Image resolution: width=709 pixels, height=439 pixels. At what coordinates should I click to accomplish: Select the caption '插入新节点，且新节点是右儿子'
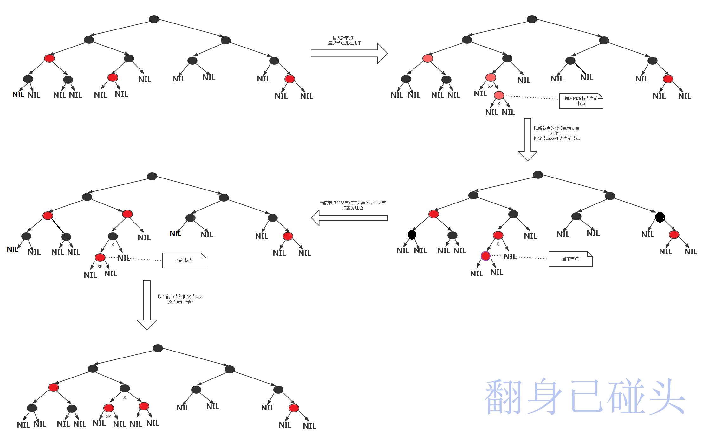pos(345,41)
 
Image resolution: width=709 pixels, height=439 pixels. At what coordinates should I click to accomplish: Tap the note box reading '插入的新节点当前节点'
pos(581,101)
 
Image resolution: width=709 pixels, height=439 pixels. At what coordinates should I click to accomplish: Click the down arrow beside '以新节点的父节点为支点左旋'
pos(527,139)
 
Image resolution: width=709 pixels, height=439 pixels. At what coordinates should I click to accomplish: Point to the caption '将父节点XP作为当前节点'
pos(556,139)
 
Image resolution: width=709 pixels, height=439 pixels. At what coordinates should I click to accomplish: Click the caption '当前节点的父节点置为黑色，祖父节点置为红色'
pos(353,205)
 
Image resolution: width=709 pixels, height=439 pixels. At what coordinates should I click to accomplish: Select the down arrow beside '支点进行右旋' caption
pos(146,304)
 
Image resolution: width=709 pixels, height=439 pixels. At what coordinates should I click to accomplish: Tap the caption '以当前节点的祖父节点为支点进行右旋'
pos(180,299)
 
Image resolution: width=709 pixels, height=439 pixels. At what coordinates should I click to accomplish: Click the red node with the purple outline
pos(485,256)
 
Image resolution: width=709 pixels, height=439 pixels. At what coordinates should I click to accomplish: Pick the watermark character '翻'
pos(504,397)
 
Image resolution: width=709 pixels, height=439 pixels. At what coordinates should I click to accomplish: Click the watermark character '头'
pos(666,397)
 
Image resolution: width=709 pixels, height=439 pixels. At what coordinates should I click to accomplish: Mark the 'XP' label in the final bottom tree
pos(108,416)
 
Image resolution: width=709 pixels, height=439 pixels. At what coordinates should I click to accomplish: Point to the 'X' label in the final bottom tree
pos(125,397)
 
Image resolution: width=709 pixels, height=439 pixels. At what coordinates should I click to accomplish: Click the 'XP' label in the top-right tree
pos(490,86)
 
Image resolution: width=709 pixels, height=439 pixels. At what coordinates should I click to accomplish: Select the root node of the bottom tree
pos(158,348)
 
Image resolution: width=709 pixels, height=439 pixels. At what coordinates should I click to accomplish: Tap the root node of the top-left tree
pos(154,19)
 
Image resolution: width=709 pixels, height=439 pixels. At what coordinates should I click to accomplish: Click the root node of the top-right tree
pos(532,19)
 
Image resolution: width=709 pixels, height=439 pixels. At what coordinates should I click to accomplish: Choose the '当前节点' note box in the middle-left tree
pos(184,261)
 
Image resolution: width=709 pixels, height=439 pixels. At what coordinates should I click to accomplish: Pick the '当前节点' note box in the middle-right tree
pos(570,259)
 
